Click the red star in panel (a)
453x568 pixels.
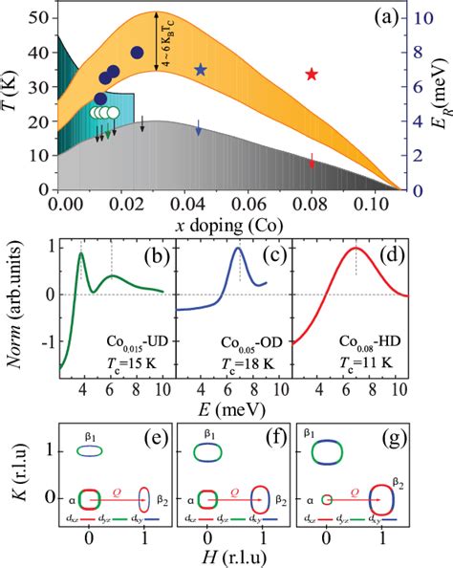pyautogui.click(x=312, y=74)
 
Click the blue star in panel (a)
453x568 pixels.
pyautogui.click(x=200, y=70)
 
